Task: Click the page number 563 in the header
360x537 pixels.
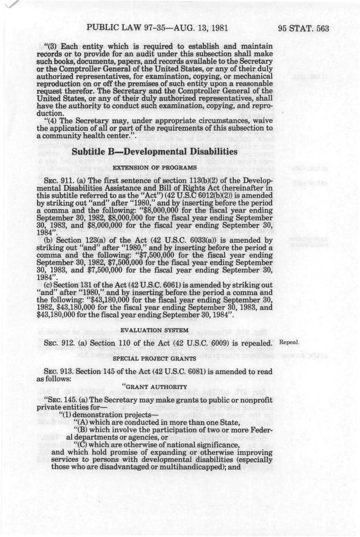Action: pos(321,28)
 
